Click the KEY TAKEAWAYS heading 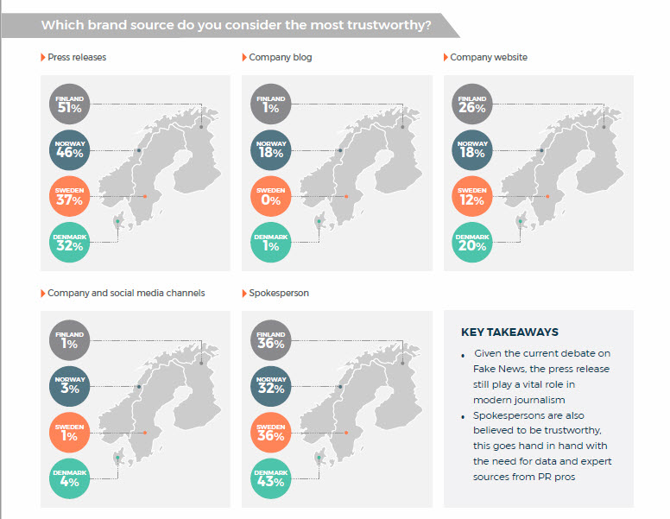(509, 332)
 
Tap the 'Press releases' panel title (77, 58)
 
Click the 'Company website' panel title (488, 58)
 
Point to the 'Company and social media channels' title (126, 293)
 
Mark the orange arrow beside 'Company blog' (243, 58)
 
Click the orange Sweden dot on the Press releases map (145, 197)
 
